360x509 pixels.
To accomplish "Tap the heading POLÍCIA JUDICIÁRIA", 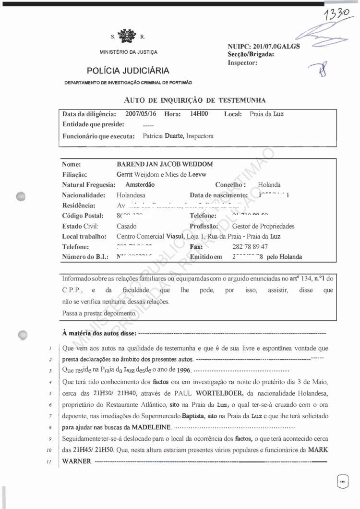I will tap(128, 71).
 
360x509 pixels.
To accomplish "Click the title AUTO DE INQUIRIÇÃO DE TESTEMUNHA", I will tap(195, 100).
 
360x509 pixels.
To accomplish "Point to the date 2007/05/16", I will tap(141, 114).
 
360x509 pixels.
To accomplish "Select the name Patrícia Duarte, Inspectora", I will tap(178, 136).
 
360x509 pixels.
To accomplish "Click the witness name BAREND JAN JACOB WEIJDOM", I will tap(165, 164).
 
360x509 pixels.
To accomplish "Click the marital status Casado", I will tap(126, 226).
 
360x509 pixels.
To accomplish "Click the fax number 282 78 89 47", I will tap(250, 247).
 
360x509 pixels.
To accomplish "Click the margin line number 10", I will tap(49, 450).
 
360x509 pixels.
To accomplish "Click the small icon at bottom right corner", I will tap(343, 481).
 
